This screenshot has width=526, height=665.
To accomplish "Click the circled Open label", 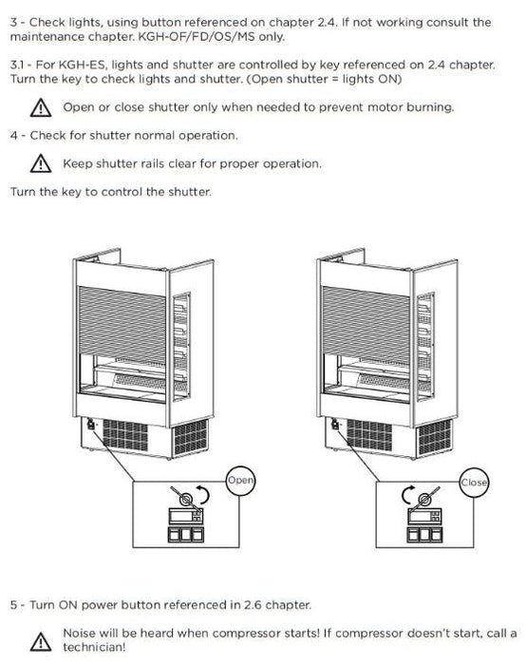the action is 240,480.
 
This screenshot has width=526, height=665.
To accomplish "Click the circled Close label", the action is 475,483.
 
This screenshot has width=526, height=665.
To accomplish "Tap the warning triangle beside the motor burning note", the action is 41,107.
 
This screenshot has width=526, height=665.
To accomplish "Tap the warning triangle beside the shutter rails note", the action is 41,163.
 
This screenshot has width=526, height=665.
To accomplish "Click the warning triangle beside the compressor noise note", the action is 41,641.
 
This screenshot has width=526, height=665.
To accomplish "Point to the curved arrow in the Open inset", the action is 207,495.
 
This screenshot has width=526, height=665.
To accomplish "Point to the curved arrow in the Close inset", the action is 404,495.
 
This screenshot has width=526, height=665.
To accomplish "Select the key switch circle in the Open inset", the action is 186,500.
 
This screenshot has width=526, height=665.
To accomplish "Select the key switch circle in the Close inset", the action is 423,500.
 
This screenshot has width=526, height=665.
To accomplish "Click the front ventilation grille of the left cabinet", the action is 125,435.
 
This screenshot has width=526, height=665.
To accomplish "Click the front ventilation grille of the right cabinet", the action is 369,435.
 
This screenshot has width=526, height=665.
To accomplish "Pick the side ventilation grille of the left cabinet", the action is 191,438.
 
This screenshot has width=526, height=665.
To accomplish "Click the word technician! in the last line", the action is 94,647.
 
